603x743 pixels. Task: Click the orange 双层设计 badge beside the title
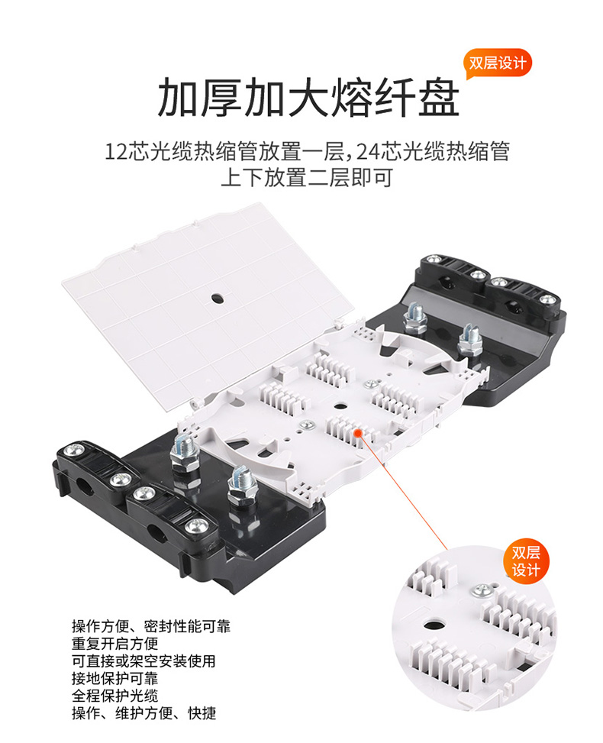[x=498, y=63]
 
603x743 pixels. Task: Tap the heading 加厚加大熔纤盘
[x=308, y=98]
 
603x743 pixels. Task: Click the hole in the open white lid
[x=218, y=298]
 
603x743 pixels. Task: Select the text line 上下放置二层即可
[x=307, y=178]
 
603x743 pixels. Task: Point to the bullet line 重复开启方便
[x=115, y=644]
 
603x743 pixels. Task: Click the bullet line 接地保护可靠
[x=115, y=678]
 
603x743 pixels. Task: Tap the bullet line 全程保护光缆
[x=115, y=696]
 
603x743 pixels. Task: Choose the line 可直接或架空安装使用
[x=144, y=661]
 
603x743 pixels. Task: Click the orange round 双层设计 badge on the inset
[x=526, y=561]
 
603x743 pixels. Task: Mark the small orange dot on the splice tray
[x=358, y=432]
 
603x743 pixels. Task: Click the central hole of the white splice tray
[x=339, y=406]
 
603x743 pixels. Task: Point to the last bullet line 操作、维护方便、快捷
[x=144, y=712]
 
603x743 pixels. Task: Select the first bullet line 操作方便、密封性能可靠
[x=151, y=626]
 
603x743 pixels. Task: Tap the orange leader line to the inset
[x=403, y=491]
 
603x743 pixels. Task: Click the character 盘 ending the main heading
[x=439, y=98]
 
